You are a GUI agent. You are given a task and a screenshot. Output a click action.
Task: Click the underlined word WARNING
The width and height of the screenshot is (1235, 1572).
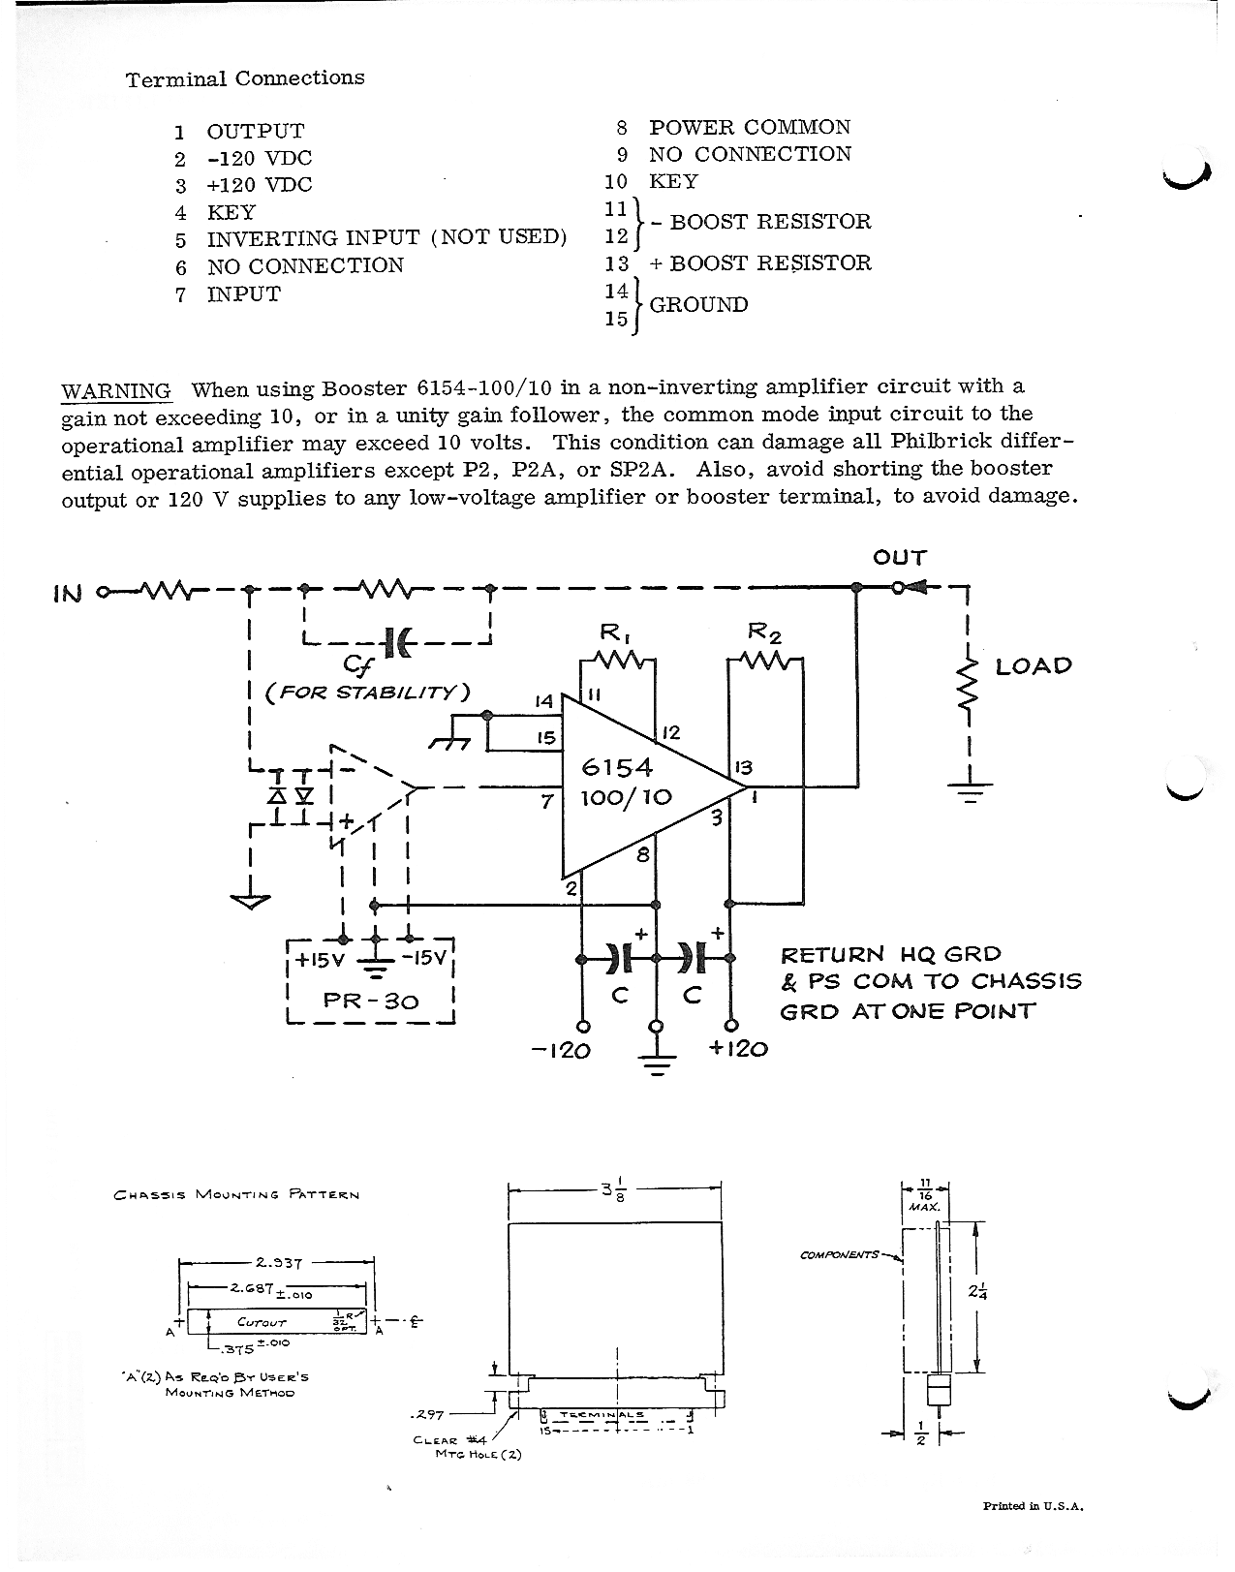[x=116, y=391]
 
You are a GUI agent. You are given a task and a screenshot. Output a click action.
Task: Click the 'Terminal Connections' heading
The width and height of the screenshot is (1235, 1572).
[x=245, y=78]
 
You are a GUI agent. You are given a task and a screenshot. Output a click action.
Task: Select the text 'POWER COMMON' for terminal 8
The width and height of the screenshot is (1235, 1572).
[x=750, y=128]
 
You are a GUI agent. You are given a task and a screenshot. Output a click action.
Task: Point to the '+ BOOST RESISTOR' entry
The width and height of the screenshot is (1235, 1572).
[x=760, y=263]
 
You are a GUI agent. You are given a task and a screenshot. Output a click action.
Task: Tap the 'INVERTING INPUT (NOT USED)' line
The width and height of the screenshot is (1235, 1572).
[x=386, y=238]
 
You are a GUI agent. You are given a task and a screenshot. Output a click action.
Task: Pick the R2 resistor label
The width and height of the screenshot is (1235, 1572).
[x=765, y=634]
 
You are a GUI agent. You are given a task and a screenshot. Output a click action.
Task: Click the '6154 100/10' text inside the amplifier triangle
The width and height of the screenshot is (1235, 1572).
[x=627, y=783]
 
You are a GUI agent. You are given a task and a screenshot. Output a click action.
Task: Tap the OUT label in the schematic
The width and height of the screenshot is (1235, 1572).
[x=900, y=558]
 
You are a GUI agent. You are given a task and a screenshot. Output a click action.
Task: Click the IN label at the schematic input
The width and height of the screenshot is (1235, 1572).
[x=68, y=593]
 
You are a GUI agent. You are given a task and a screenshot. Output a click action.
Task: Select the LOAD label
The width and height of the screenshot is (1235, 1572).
[x=1034, y=666]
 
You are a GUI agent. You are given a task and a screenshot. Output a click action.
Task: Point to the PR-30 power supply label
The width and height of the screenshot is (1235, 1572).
[x=371, y=1000]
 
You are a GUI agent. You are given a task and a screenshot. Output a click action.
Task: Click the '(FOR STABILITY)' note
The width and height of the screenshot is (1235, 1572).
[x=367, y=692]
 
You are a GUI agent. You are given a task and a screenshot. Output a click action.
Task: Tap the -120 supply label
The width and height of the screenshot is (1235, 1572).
[x=562, y=1050]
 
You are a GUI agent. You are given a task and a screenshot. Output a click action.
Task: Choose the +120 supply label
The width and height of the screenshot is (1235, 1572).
[x=738, y=1049]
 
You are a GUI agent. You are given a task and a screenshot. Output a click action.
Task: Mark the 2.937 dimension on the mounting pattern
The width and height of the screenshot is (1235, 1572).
[x=279, y=1263]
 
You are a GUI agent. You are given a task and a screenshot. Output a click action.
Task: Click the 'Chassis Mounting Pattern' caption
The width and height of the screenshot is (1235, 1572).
[x=236, y=1195]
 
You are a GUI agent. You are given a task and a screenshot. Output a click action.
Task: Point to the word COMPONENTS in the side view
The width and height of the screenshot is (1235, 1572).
[x=839, y=1255]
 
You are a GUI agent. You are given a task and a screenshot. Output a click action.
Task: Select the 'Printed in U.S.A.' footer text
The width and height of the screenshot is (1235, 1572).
[x=1034, y=1506]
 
